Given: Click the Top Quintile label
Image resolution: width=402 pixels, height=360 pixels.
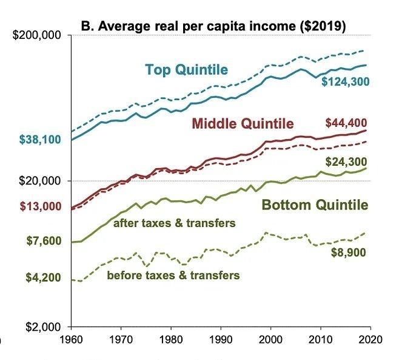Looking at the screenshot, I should pos(186,70).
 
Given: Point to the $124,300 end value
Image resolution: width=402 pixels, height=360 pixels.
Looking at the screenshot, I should pos(345,82).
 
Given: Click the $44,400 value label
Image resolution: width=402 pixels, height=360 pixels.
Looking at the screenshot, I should pos(346,123).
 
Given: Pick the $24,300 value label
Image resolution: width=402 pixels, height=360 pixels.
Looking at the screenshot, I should pos(346,162).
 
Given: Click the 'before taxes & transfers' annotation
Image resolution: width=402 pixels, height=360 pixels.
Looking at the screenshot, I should pos(173,276).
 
